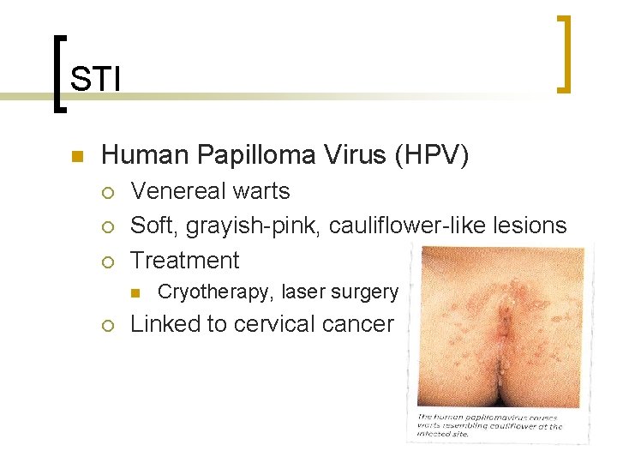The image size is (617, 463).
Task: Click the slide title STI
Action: [x=94, y=79]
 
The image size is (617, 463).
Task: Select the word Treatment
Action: [x=184, y=261]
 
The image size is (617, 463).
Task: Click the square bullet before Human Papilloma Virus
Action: [x=75, y=157]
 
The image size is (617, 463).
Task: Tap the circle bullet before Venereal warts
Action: [x=107, y=192]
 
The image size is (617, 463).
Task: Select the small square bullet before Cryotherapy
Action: [x=135, y=293]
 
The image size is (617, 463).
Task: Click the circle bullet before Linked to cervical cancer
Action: [x=107, y=325]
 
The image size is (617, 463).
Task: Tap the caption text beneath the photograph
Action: [x=488, y=424]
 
